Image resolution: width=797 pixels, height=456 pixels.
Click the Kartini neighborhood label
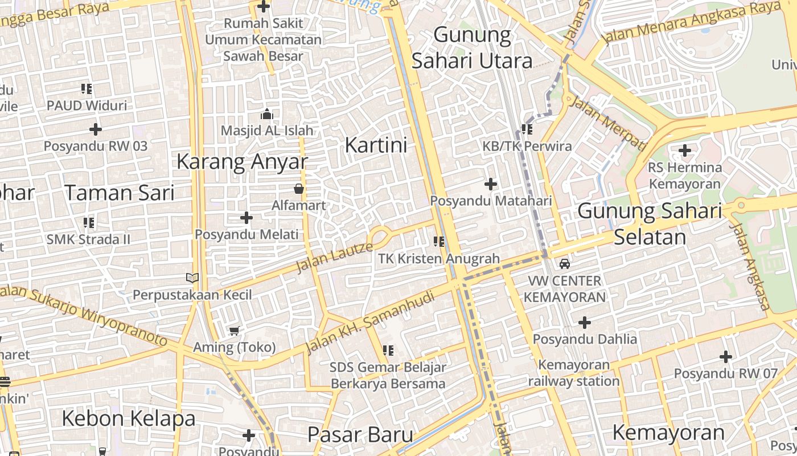pyautogui.click(x=376, y=145)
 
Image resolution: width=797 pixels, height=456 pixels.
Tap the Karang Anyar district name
pyautogui.click(x=242, y=162)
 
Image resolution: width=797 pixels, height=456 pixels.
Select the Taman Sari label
pyautogui.click(x=119, y=193)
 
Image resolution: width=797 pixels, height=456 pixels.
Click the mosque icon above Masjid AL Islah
pyautogui.click(x=266, y=115)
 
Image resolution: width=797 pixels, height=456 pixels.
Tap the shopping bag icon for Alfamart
pyautogui.click(x=298, y=189)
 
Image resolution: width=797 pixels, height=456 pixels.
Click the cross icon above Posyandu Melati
pyautogui.click(x=246, y=218)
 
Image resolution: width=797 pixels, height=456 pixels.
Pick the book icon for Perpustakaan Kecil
pyautogui.click(x=192, y=278)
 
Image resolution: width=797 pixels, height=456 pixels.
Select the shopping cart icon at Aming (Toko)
pyautogui.click(x=234, y=331)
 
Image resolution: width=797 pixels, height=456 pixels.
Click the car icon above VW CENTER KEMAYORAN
pyautogui.click(x=564, y=264)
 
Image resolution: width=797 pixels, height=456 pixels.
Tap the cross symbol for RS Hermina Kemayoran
pyautogui.click(x=685, y=151)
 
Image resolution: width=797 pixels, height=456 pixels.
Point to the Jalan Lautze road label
pyautogui.click(x=334, y=257)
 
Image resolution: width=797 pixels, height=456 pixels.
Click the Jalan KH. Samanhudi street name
pyautogui.click(x=369, y=323)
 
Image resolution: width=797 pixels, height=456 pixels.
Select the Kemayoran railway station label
pyautogui.click(x=573, y=373)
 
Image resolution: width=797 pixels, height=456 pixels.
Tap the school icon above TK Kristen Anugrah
pyautogui.click(x=438, y=242)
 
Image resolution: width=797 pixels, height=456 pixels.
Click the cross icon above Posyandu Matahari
pyautogui.click(x=491, y=184)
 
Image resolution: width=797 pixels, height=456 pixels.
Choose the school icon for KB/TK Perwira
pyautogui.click(x=527, y=129)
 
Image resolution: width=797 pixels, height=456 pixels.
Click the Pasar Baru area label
pyautogui.click(x=360, y=434)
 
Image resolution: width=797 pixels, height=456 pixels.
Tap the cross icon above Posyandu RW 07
pyautogui.click(x=725, y=357)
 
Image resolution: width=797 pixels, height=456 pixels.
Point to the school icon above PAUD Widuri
pyautogui.click(x=87, y=89)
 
